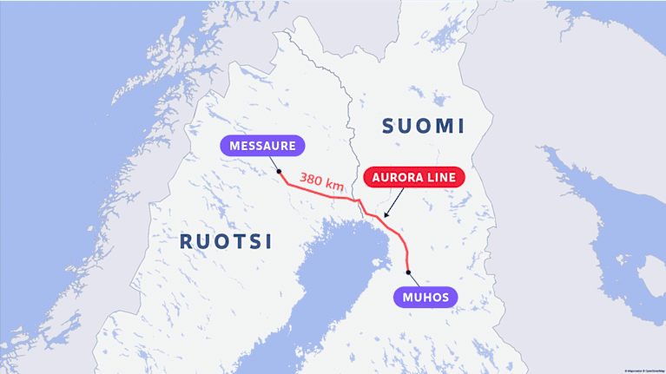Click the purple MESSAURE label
point(264,146)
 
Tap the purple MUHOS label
point(425,298)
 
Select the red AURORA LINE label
point(414,177)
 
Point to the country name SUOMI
point(424,126)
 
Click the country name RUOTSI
point(226,241)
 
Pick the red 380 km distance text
point(322,182)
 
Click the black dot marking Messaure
point(279,172)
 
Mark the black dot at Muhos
point(408,272)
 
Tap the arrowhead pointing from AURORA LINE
point(386,215)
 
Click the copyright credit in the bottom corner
point(643,371)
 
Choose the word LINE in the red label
point(443,177)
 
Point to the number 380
point(313,180)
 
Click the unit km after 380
point(335,186)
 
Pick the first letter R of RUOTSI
point(186,241)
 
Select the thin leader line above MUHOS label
point(414,279)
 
